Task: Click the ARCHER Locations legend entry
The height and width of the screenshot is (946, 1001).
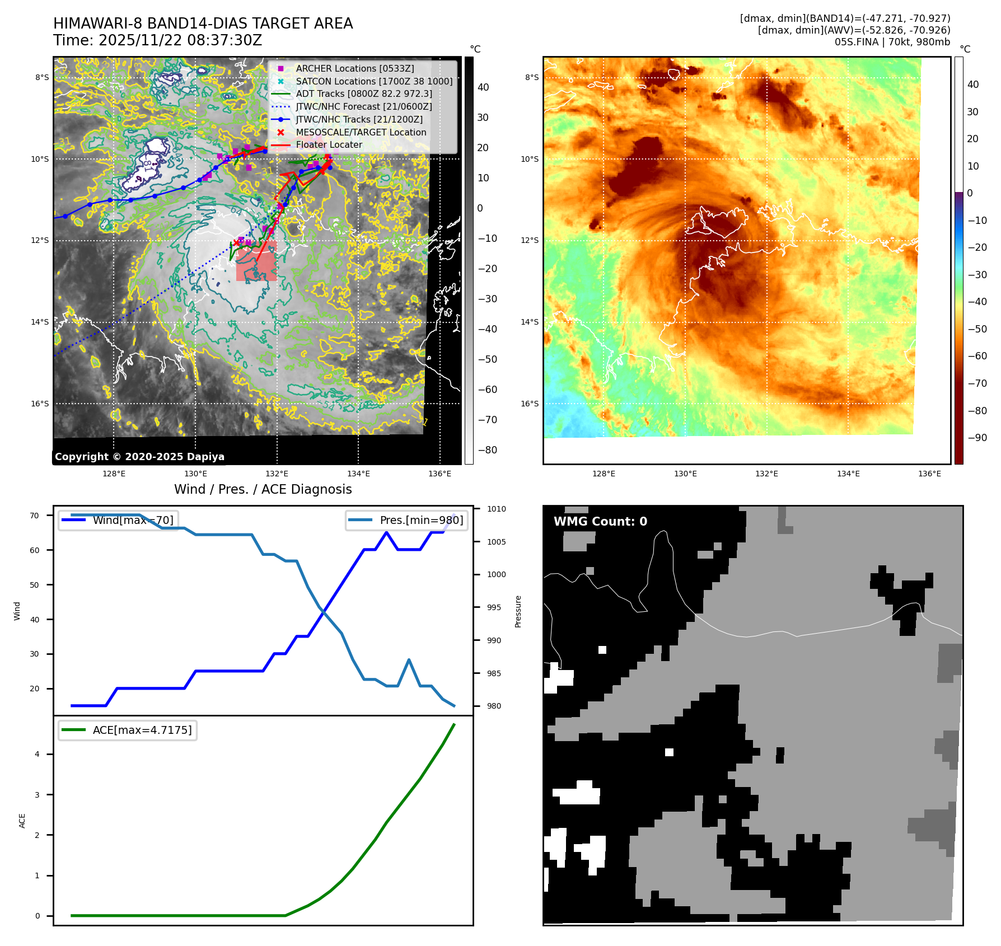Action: pos(355,68)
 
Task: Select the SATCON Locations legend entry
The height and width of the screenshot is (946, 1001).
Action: pos(374,81)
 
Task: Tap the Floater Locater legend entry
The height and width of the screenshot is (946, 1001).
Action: pos(329,144)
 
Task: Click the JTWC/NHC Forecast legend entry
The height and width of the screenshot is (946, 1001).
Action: pos(364,106)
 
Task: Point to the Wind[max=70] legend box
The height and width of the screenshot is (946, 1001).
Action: pos(118,520)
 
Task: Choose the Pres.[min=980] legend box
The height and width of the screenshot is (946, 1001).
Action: pos(407,520)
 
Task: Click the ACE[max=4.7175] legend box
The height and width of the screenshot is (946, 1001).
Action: pos(128,730)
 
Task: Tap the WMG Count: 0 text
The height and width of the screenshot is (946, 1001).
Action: pos(600,521)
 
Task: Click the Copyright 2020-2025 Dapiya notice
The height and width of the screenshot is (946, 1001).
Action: pos(139,457)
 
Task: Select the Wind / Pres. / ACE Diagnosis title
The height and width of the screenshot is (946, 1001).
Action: pos(263,489)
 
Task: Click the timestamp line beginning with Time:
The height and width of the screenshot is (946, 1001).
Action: pos(157,40)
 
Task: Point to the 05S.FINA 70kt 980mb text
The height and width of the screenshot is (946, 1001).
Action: pos(892,42)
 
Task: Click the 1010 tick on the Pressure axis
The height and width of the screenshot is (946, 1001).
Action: pos(496,509)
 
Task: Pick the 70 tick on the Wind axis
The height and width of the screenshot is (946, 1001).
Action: pos(35,516)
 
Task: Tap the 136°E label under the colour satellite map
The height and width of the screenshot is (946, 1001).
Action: pos(929,474)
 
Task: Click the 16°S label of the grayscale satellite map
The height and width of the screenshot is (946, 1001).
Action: pos(40,404)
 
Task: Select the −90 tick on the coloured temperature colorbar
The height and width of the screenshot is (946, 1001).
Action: pos(977,438)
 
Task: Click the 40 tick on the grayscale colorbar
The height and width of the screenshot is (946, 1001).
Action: pos(483,87)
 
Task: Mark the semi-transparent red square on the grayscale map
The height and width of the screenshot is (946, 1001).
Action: pos(256,261)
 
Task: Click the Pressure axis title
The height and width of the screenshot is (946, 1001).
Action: pos(518,611)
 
